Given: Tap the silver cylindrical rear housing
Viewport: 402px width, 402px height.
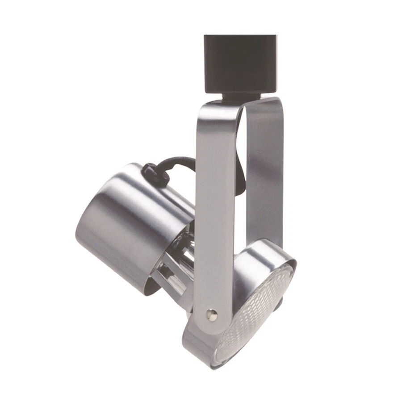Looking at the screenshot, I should pyautogui.click(x=134, y=223).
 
